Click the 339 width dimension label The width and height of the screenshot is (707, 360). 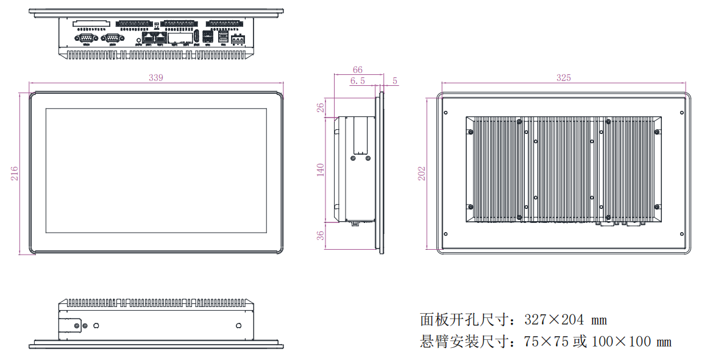pyautogui.click(x=156, y=78)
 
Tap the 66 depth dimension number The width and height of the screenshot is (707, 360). pyautogui.click(x=358, y=70)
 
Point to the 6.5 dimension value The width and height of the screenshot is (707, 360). pyautogui.click(x=358, y=80)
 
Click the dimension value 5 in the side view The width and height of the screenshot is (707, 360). pyautogui.click(x=395, y=80)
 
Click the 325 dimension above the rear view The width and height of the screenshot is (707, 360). pyautogui.click(x=564, y=78)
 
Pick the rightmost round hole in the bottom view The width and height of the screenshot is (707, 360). pyautogui.click(x=239, y=326)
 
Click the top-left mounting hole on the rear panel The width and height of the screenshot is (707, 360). pyautogui.click(x=446, y=111)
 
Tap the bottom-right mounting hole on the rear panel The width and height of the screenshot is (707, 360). pyautogui.click(x=683, y=233)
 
